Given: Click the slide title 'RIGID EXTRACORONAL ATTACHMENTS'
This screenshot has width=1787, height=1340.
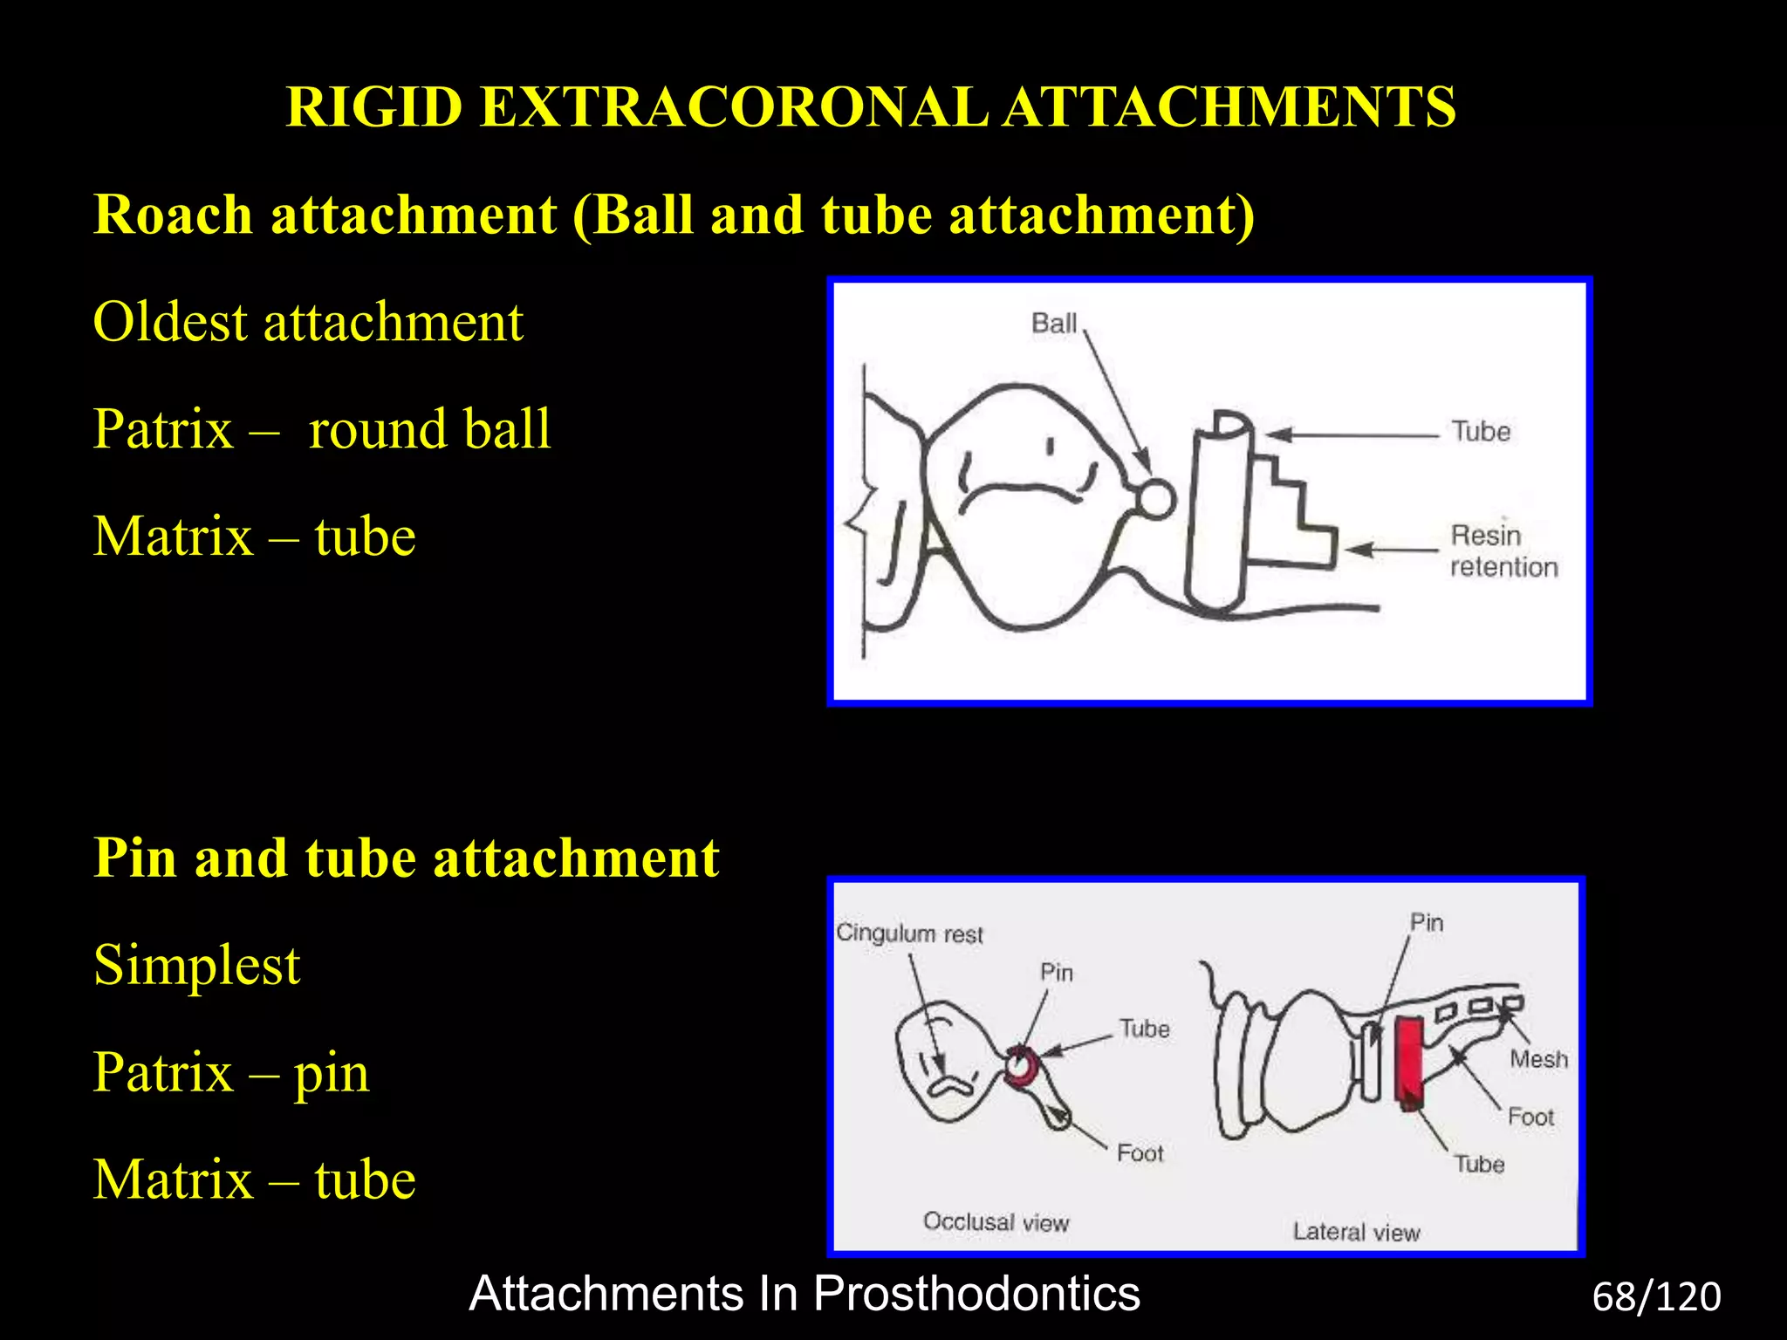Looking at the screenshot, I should point(871,107).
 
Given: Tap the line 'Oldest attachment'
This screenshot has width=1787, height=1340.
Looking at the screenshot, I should point(307,322).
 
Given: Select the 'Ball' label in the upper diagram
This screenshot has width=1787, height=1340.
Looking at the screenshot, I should point(1054,324).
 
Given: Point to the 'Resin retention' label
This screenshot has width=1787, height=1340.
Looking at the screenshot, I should point(1503,551).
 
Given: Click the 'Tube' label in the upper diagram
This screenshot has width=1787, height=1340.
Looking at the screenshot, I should point(1480,432).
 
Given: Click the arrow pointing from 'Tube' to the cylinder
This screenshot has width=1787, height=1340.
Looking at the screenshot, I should point(1352,434).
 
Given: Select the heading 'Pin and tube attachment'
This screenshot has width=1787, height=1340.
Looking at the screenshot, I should point(407,858).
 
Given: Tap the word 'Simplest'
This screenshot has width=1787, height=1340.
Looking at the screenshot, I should point(196,965).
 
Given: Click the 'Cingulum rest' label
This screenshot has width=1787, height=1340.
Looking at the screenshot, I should point(909,933).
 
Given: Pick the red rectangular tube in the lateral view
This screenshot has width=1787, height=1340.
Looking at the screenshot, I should point(1407,1060).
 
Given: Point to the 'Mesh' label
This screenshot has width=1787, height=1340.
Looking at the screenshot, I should point(1538,1059).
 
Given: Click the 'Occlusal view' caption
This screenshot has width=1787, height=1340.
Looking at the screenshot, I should point(996,1221).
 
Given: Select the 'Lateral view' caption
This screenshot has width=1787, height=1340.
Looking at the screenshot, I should point(1356,1232).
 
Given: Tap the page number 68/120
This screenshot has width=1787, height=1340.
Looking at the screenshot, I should point(1656,1297).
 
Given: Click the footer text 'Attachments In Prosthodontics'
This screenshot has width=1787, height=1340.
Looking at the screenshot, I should point(804,1293).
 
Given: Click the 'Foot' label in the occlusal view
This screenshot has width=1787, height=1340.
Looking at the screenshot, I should point(1140,1153).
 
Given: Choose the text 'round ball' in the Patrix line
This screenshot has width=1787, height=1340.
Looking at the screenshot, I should point(429,429).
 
